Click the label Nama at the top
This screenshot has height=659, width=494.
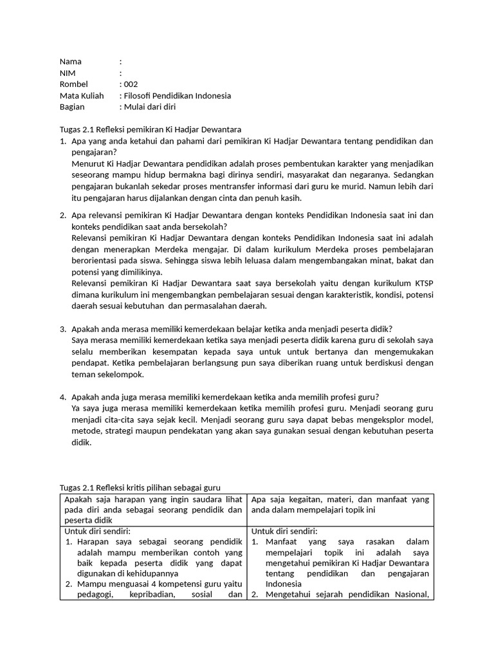71,62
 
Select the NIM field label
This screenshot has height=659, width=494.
68,73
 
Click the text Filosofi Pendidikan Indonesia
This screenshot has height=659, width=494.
177,96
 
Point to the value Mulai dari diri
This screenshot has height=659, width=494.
149,107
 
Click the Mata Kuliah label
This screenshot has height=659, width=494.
82,96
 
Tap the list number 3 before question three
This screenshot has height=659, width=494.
63,328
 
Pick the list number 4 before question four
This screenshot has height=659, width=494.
63,396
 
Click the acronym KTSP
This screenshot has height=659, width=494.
422,283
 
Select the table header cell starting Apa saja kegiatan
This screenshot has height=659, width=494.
340,505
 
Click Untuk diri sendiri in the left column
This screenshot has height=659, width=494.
98,531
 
